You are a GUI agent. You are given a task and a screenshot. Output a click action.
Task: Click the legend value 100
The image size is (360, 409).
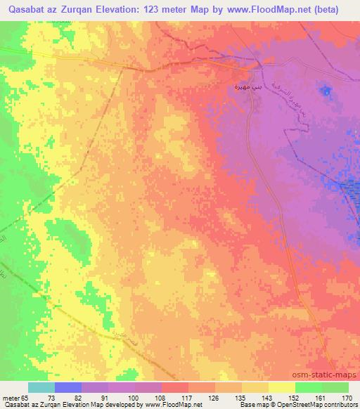(x=140, y=397)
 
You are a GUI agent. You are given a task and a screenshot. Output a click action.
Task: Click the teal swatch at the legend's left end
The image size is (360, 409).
(x=41, y=387)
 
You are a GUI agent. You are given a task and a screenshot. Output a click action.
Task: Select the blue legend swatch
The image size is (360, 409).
(x=68, y=387)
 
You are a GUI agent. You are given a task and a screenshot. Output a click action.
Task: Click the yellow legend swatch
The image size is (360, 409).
(x=281, y=387)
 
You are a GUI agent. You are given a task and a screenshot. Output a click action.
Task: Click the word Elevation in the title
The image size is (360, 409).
(x=129, y=10)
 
